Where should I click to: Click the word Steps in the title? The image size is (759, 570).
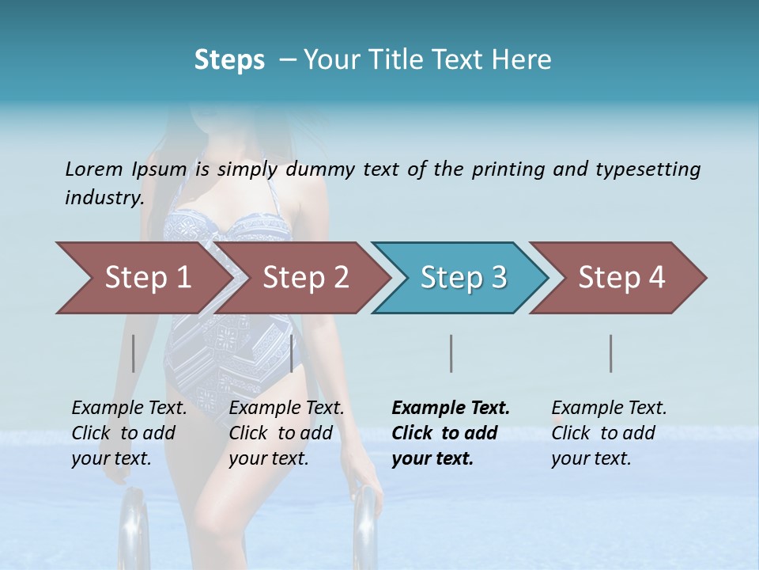coord(229,59)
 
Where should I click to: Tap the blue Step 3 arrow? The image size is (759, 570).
coord(463,277)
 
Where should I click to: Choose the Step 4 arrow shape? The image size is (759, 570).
coord(621,277)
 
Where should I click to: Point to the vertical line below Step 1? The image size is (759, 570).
coord(134,353)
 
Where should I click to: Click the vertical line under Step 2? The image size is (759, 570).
coord(293,353)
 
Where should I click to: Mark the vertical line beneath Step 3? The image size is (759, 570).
coord(451,353)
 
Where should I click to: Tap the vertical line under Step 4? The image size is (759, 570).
coord(611,353)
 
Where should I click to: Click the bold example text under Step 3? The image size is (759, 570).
coord(451,433)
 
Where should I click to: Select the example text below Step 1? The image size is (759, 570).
coord(129,433)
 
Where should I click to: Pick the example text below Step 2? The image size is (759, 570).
coord(286,433)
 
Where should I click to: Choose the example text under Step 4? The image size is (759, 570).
coord(609,433)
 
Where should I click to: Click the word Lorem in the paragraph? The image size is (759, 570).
coord(94,169)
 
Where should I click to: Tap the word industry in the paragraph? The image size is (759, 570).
coord(104,198)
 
